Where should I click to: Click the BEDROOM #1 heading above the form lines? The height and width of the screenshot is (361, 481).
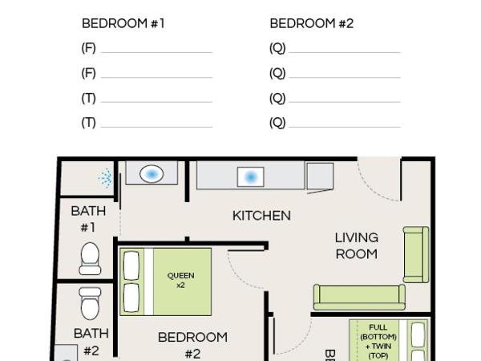click(x=123, y=23)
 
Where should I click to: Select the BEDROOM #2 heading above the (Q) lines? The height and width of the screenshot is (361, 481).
click(x=311, y=23)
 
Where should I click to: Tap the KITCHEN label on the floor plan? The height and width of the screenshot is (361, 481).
click(x=261, y=215)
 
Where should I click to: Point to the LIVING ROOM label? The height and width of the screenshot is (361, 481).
click(x=356, y=245)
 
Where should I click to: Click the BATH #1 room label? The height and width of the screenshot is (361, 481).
click(x=88, y=219)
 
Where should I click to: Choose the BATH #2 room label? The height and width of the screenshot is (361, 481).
click(x=91, y=341)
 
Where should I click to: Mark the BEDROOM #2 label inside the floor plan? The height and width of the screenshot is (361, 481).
click(x=192, y=345)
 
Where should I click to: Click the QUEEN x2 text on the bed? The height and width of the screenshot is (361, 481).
click(x=180, y=280)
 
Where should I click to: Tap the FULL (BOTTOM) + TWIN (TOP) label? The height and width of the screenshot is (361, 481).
click(x=378, y=341)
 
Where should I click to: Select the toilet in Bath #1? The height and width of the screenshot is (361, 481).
click(x=90, y=258)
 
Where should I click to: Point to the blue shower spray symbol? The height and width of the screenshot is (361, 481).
click(x=105, y=176)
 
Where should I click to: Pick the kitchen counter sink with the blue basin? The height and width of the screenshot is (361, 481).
click(x=250, y=176)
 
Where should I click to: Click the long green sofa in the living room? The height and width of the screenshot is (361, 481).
click(x=358, y=296)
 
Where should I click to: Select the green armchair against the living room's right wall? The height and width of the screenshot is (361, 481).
click(x=415, y=255)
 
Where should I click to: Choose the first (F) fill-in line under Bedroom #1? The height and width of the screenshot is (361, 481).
click(x=156, y=51)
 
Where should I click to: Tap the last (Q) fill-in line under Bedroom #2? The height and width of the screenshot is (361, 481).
click(x=344, y=126)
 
